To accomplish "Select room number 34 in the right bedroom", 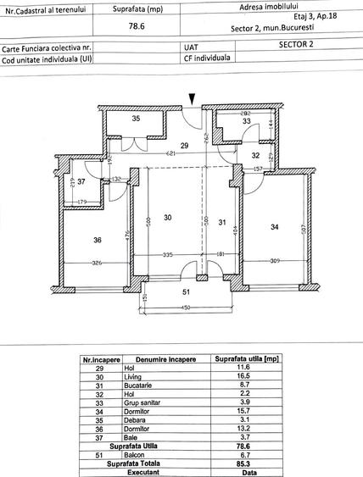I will pyautogui.click(x=274, y=226).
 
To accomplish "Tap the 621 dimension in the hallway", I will pyautogui.click(x=171, y=153).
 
